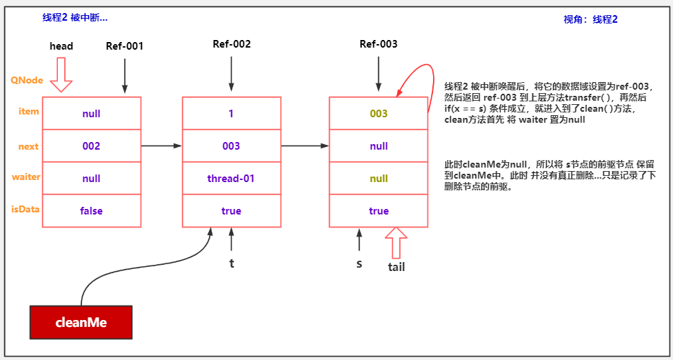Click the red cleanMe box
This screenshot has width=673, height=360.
pos(81,322)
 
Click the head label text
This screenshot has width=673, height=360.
pos(61,46)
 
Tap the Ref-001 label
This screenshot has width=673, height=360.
pos(125,46)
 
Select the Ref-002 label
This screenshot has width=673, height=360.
pos(232,44)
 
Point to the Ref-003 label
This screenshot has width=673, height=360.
pos(379,44)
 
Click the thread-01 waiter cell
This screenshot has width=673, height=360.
pos(231,179)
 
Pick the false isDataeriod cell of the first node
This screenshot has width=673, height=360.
pos(92,211)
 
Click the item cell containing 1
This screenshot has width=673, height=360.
pos(231,114)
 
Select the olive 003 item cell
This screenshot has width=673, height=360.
pos(379,114)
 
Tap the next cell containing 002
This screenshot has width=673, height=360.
pos(92,146)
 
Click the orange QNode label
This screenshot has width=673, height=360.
pos(26,80)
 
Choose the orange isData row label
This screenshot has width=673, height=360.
pos(26,208)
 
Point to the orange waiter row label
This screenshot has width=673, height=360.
pos(26,177)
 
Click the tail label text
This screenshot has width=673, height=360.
pos(396,267)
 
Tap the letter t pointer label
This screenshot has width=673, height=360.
pos(232,263)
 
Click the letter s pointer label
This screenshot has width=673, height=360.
pos(359,263)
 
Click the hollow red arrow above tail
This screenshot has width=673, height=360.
pos(396,243)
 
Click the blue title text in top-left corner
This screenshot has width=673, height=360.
pos(75,18)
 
